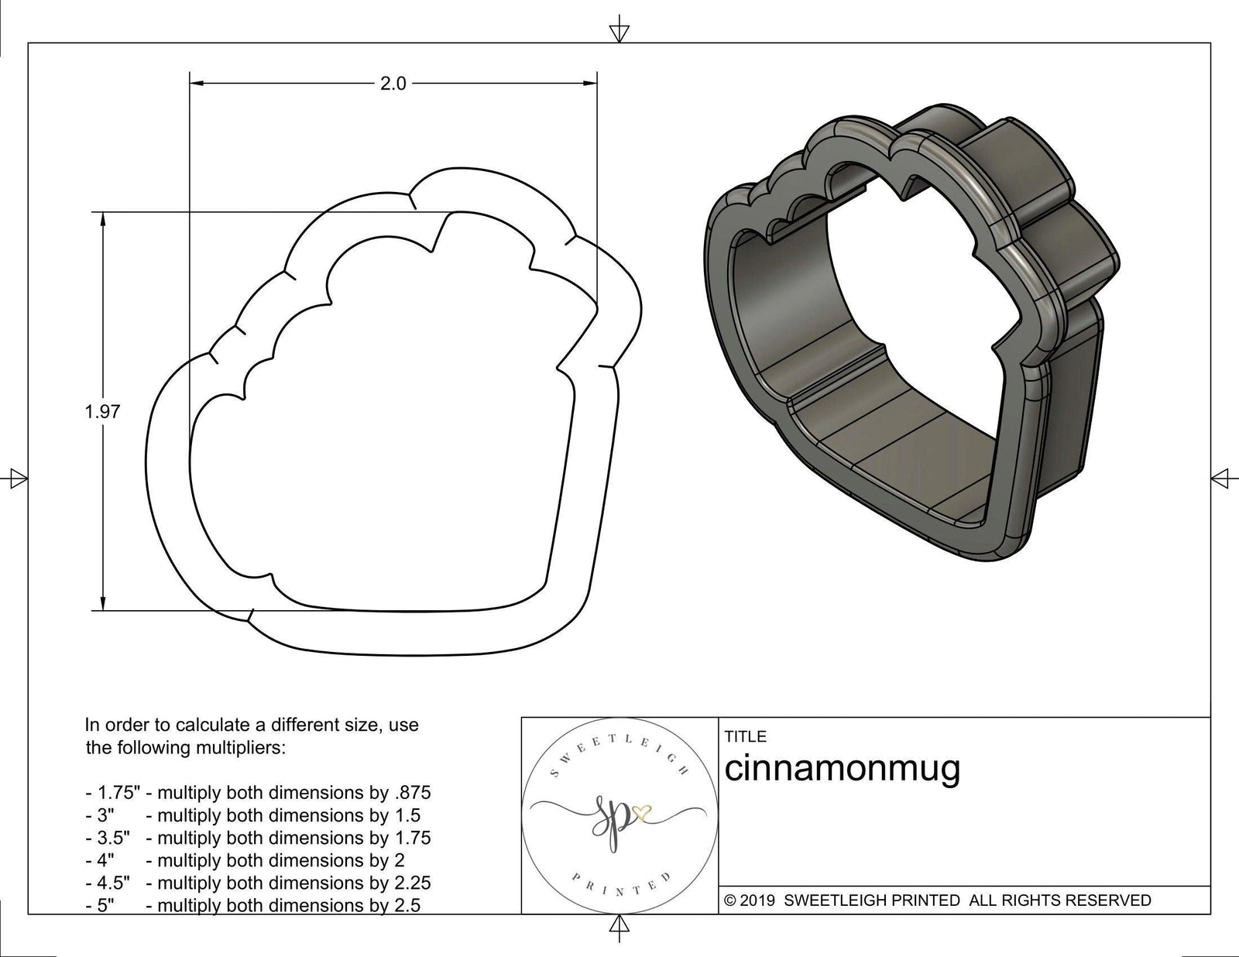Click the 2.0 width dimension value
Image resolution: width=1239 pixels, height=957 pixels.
pos(393,84)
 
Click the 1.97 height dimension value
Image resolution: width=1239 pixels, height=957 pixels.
pos(102,411)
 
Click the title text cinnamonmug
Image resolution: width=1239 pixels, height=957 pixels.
pos(842,768)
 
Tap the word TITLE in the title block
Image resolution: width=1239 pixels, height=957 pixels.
pos(745,736)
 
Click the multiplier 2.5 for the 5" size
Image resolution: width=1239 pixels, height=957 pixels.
pos(407,905)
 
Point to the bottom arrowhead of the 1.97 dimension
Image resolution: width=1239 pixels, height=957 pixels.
pos(103,604)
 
